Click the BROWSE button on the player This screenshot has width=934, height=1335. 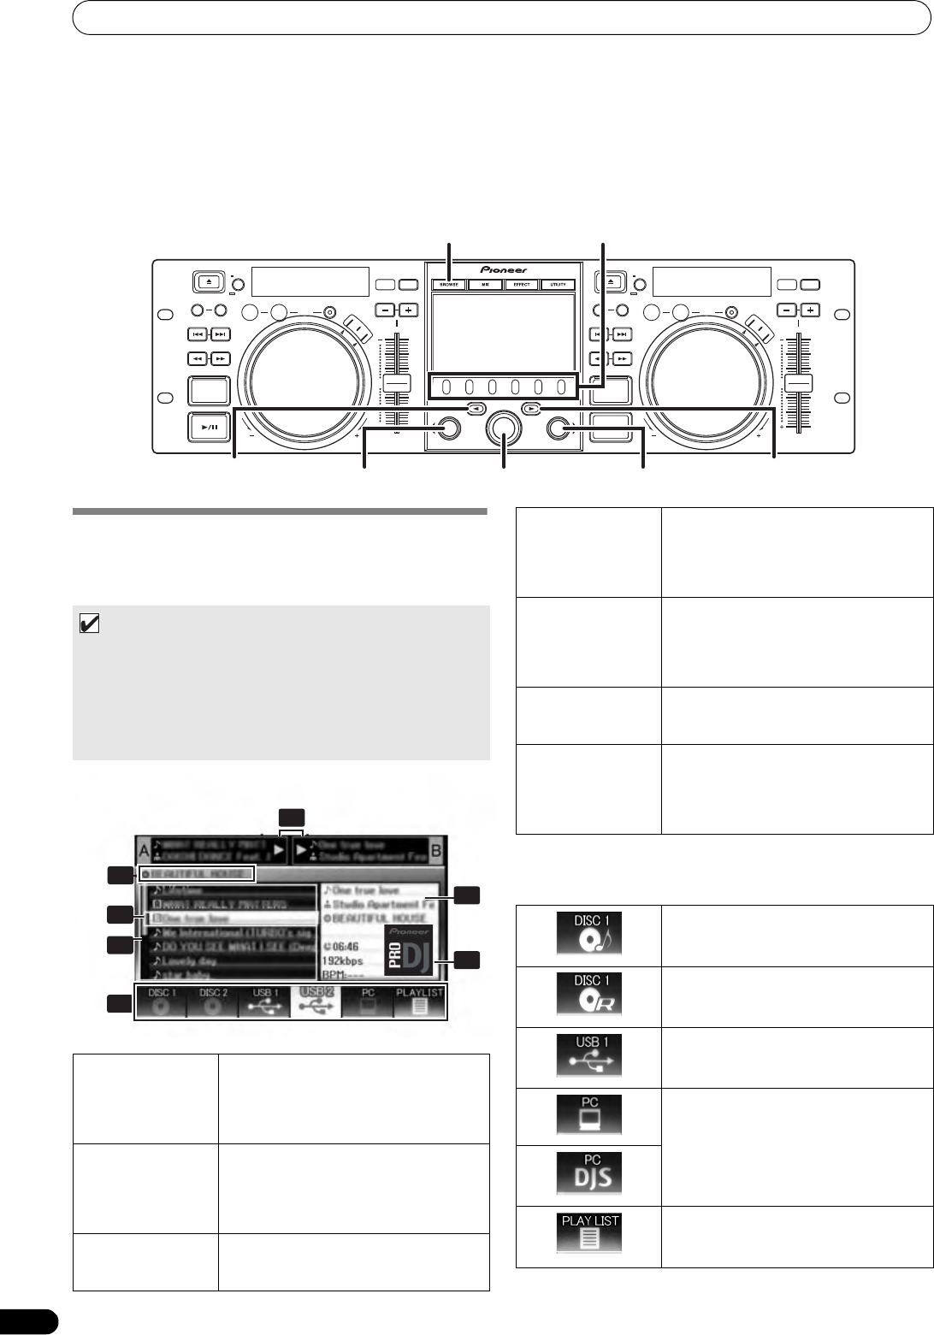[x=449, y=285]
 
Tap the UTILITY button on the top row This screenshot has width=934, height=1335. [x=558, y=285]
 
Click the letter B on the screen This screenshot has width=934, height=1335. [x=436, y=852]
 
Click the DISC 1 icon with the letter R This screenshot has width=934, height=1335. [x=589, y=995]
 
